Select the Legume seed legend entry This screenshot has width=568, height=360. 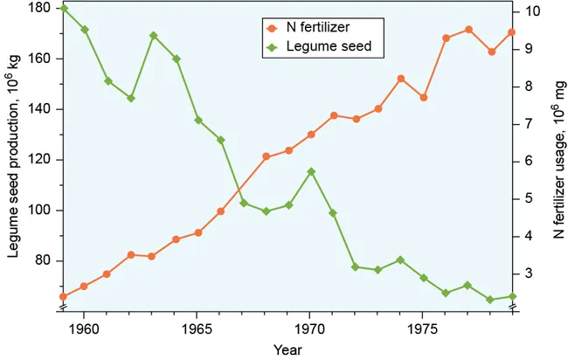(319, 45)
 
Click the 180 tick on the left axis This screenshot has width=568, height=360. (38, 8)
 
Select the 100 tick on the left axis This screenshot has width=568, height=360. (38, 211)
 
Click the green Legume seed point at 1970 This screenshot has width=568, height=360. (311, 171)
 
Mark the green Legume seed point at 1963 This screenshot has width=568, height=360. (153, 36)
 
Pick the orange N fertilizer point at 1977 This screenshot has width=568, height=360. (469, 30)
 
